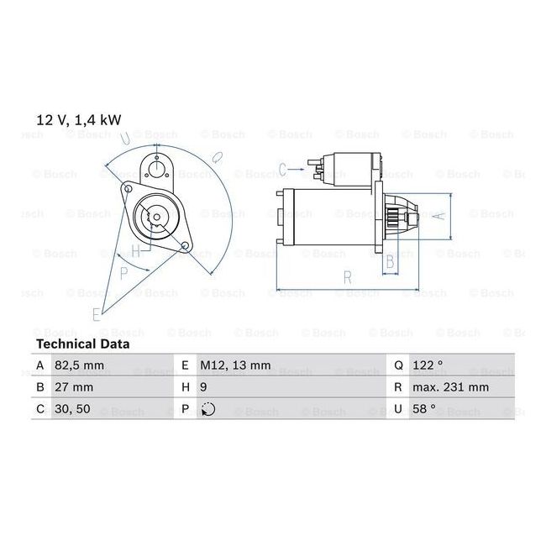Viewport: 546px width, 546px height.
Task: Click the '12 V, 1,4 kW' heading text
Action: (76, 119)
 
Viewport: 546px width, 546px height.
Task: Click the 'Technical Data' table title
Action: (82, 344)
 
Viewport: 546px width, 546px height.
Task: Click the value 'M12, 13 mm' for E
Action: (235, 365)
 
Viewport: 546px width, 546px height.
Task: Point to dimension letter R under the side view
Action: (346, 276)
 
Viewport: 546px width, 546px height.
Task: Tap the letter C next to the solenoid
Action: (283, 167)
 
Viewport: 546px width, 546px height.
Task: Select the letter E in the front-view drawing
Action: (96, 314)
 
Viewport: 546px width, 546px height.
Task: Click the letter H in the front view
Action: (135, 250)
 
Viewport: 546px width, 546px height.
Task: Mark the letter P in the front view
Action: (123, 271)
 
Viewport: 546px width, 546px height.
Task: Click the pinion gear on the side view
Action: (402, 216)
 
